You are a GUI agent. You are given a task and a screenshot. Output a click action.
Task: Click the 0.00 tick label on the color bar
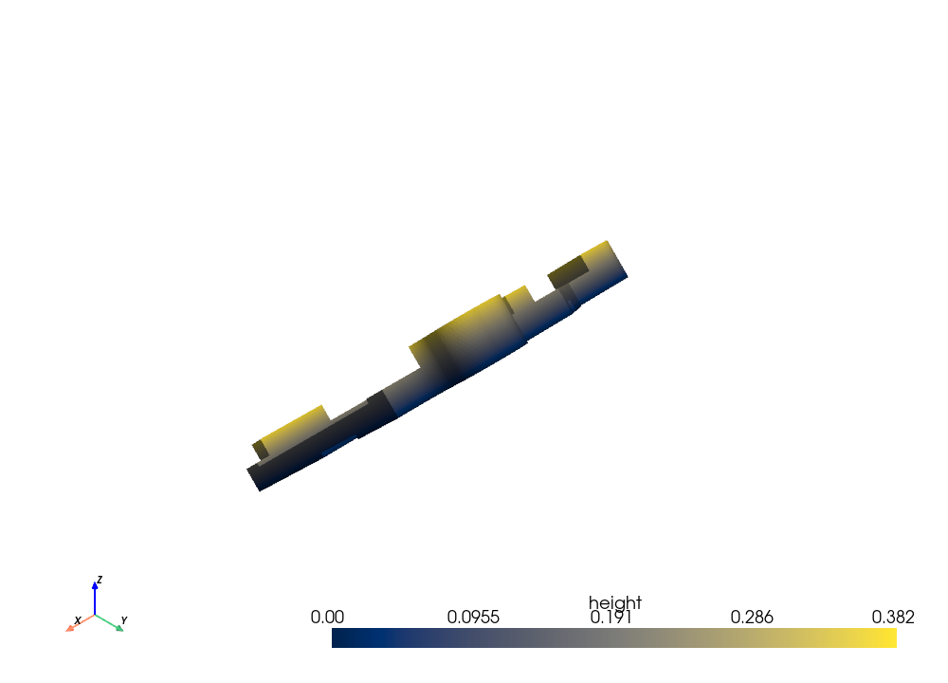tap(327, 617)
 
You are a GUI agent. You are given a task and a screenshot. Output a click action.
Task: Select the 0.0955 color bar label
tap(473, 617)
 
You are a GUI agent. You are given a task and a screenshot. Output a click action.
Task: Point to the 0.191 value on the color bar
tap(611, 617)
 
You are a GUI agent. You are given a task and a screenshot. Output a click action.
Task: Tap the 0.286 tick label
tap(752, 617)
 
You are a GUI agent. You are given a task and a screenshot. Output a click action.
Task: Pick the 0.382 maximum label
tap(893, 617)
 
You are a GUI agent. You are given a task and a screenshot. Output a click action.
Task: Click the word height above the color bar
tap(615, 602)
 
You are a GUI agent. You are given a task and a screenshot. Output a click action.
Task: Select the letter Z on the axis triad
tap(100, 580)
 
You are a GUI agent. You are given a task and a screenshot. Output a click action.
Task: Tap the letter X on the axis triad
tap(78, 620)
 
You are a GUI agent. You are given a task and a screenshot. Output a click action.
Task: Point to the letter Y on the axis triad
tap(124, 620)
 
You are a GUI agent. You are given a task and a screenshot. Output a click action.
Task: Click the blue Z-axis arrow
tap(95, 599)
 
